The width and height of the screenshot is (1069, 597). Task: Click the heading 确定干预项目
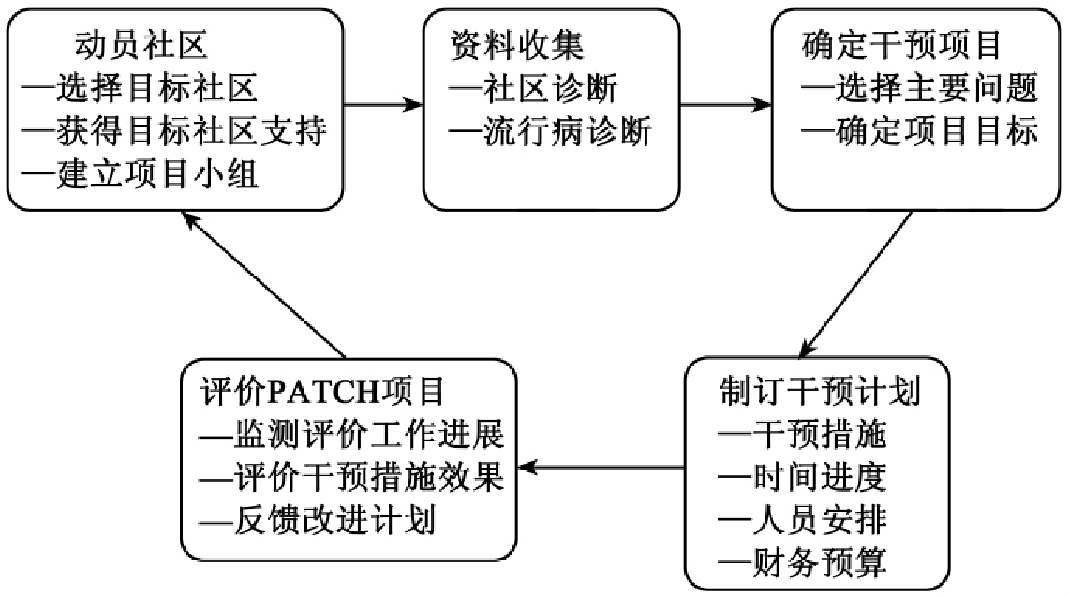point(902,44)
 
